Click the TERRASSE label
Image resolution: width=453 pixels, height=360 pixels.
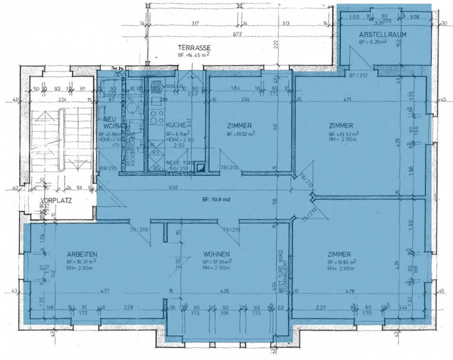coord(194,48)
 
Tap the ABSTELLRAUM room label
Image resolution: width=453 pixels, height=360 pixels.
coord(383,35)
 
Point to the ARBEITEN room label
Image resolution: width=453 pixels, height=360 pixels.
coord(82,254)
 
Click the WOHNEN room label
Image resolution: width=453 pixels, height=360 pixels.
coord(216,254)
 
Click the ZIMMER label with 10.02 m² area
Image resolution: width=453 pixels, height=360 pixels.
coord(239,126)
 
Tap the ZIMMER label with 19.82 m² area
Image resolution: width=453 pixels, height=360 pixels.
coord(339,254)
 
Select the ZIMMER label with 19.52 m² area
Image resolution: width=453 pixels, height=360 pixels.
coord(341,126)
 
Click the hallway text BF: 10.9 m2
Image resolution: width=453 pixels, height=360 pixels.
coord(216,199)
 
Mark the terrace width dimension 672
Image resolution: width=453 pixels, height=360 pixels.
coord(237,34)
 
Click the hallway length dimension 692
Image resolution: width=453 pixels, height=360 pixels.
coord(173,188)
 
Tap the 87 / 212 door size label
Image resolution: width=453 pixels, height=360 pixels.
coord(356,75)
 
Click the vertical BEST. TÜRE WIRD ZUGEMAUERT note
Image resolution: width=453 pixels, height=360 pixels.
coord(283,272)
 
